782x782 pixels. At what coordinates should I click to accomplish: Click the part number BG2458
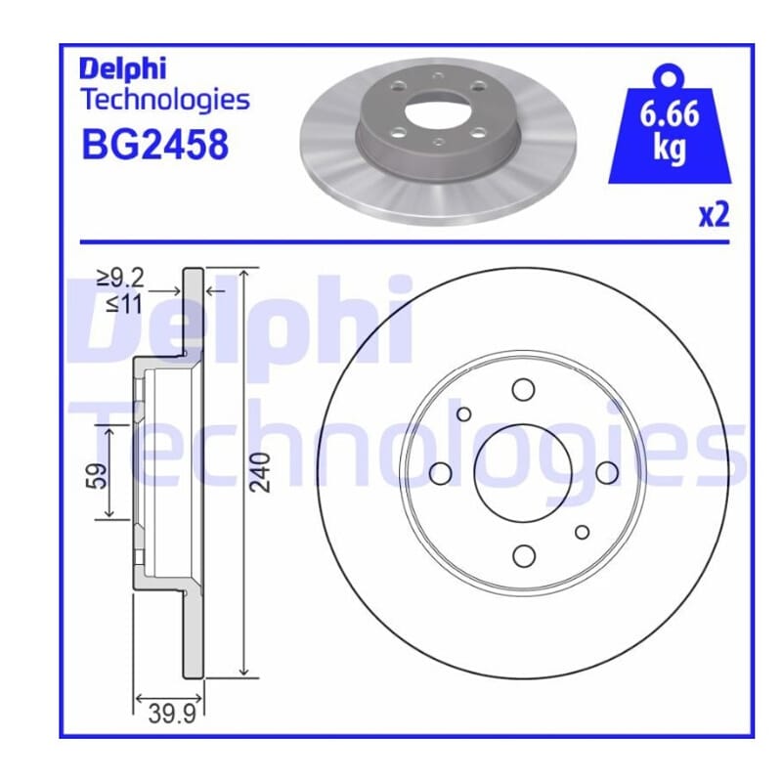155,145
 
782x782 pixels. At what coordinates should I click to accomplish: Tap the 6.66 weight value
670,114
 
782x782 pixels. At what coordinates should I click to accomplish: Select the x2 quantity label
715,215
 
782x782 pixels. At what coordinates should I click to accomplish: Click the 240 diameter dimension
261,472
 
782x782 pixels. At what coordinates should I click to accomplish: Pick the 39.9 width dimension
172,716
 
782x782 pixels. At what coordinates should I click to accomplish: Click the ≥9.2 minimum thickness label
120,278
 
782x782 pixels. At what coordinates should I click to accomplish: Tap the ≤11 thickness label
124,303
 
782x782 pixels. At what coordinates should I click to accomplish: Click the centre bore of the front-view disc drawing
523,473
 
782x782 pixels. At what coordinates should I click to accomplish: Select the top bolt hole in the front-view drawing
523,389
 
